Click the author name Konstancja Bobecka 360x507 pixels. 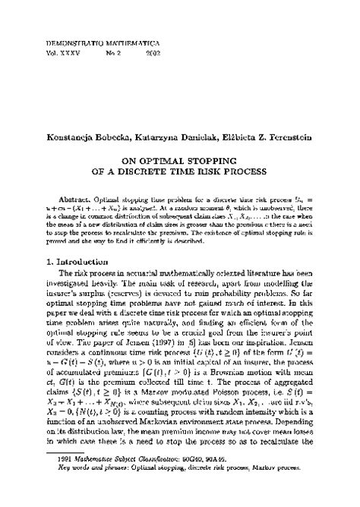(90, 137)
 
